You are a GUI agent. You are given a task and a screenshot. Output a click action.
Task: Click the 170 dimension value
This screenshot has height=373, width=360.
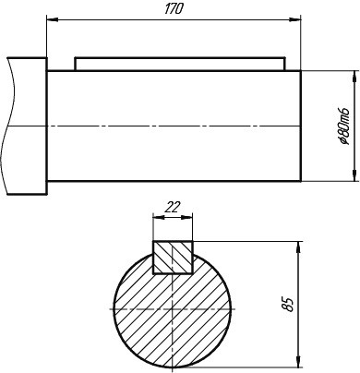(x=174, y=9)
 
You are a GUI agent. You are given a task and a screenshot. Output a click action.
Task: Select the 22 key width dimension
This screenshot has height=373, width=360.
(x=172, y=207)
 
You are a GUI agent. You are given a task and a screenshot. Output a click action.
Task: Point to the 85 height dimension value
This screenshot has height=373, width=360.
(x=288, y=305)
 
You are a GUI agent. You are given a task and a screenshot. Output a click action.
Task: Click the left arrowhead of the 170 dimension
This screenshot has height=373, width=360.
(x=53, y=19)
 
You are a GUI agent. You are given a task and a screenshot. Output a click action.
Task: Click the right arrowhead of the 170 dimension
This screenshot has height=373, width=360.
(x=294, y=19)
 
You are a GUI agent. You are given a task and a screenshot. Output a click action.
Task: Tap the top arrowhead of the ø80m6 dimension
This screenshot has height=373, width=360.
(x=355, y=77)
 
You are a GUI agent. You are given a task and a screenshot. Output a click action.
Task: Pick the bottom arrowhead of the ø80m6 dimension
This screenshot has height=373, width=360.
(x=355, y=175)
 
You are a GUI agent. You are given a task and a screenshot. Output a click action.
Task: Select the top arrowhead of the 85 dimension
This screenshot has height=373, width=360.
(x=298, y=247)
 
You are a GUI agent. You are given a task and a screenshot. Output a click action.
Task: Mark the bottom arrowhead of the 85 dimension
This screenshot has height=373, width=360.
(x=298, y=361)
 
